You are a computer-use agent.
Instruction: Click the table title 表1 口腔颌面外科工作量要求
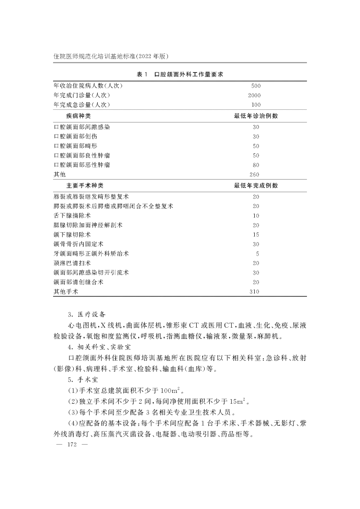[x=180, y=74]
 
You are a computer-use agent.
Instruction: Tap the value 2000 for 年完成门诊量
[x=255, y=95]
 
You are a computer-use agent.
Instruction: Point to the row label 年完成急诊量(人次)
[x=81, y=105]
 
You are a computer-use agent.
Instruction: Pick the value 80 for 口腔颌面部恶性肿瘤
[x=256, y=165]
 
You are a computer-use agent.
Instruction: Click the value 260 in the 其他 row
[x=255, y=175]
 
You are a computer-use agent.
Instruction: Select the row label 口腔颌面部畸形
[x=75, y=146]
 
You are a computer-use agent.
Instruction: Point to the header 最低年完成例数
[x=255, y=185]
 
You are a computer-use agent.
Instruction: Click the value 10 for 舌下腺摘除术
[x=256, y=216]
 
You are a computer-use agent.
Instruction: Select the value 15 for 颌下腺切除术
[x=256, y=234]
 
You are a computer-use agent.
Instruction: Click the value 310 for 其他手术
[x=255, y=292]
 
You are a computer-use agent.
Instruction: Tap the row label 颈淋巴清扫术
[x=72, y=263]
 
